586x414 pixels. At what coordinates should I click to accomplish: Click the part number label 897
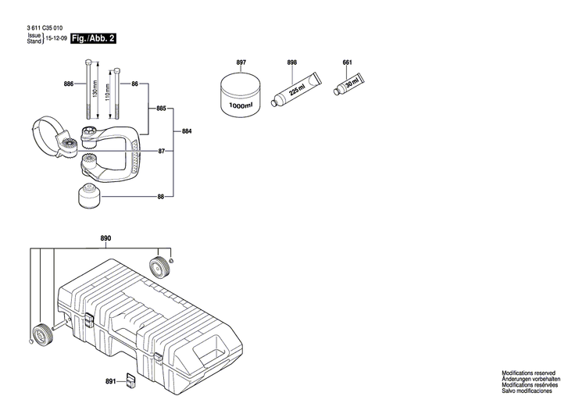pyautogui.click(x=241, y=62)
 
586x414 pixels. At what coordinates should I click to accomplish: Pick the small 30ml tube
pyautogui.click(x=349, y=83)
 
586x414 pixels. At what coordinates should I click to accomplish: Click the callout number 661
pyautogui.click(x=348, y=62)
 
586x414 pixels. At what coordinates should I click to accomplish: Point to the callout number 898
pyautogui.click(x=292, y=62)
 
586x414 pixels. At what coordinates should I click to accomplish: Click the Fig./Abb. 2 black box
pyautogui.click(x=93, y=38)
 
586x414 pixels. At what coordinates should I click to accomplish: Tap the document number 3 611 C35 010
pyautogui.click(x=45, y=27)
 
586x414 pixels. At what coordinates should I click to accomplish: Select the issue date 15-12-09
pyautogui.click(x=55, y=38)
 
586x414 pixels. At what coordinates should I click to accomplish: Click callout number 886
pyautogui.click(x=69, y=84)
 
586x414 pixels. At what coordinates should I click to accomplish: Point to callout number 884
pyautogui.click(x=187, y=132)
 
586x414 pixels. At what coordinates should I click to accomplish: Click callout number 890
pyautogui.click(x=105, y=237)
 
